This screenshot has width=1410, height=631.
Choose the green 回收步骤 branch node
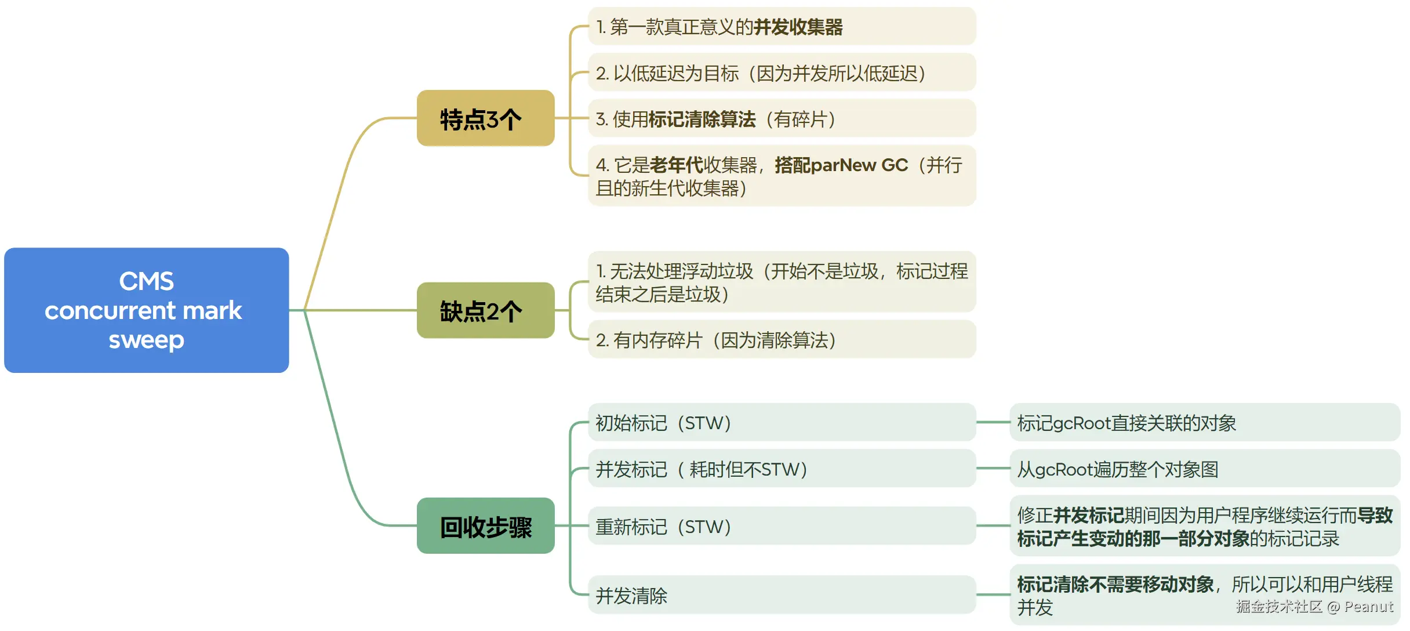tap(485, 525)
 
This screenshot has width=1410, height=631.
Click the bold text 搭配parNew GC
tap(841, 165)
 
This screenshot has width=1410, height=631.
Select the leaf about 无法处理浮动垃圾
tap(781, 282)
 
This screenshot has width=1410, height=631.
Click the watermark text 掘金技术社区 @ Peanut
tap(1314, 607)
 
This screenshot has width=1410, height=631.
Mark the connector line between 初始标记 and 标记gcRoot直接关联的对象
tap(993, 422)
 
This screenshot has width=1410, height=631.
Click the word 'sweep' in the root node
tap(146, 340)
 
